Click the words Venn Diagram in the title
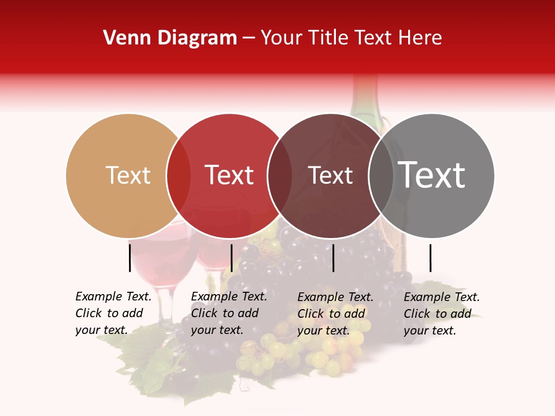(x=170, y=38)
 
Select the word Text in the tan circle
(x=128, y=176)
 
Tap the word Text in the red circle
(x=230, y=176)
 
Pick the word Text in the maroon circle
(x=330, y=176)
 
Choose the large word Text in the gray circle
(x=432, y=175)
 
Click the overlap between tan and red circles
(x=179, y=176)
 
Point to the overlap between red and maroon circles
(x=280, y=176)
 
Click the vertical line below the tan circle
(x=129, y=258)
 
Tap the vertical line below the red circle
(x=231, y=258)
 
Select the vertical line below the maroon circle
(x=334, y=258)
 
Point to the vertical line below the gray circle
(x=430, y=258)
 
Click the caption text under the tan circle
(x=113, y=313)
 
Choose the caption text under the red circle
(x=228, y=313)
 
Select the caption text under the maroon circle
(x=335, y=314)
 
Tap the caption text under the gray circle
(x=441, y=314)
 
